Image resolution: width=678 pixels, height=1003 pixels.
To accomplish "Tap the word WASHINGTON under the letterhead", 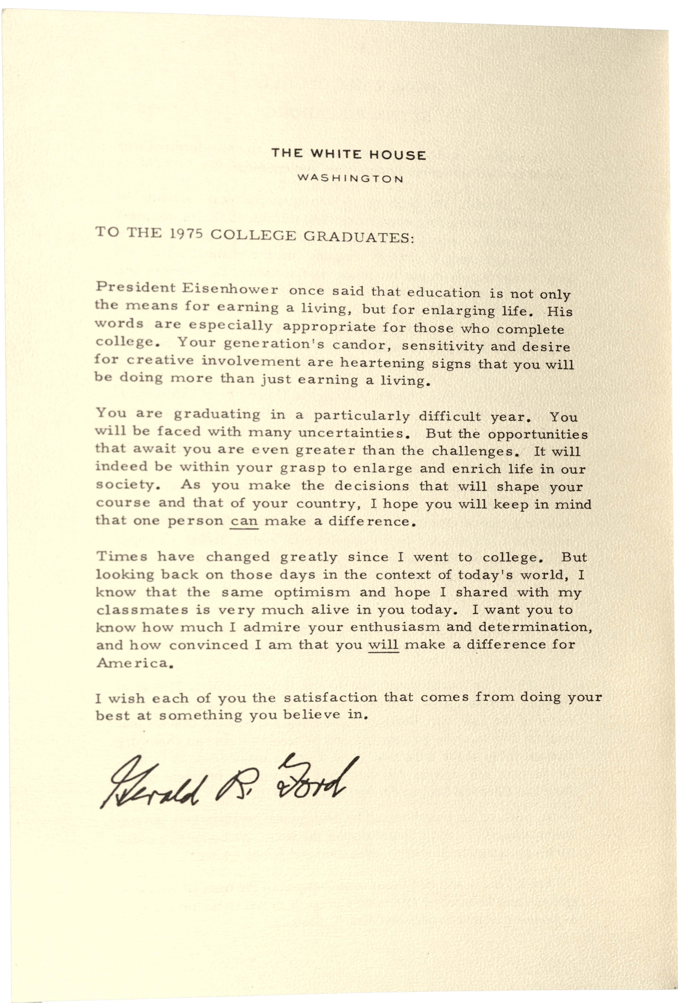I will point(350,178).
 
